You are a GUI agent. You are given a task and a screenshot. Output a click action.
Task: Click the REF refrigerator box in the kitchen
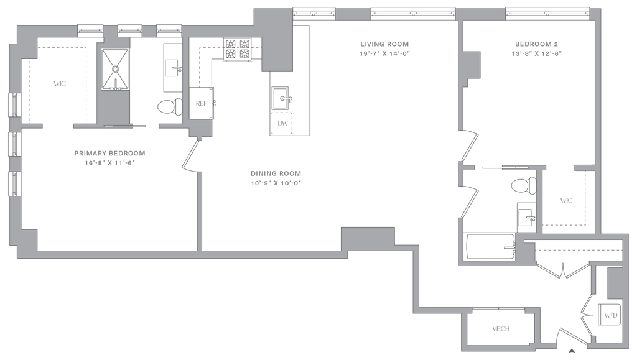pos(201,104)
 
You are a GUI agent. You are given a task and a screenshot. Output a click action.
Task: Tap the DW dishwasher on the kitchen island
pos(284,123)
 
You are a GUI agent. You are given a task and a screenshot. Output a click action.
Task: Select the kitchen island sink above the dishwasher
pos(284,99)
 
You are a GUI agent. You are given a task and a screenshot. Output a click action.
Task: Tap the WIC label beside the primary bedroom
pos(60,83)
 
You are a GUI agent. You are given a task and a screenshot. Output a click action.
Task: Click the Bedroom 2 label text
pos(536,44)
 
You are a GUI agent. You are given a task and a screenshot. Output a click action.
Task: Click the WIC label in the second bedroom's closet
pos(565,201)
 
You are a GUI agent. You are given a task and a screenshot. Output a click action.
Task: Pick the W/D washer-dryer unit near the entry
pos(610,316)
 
